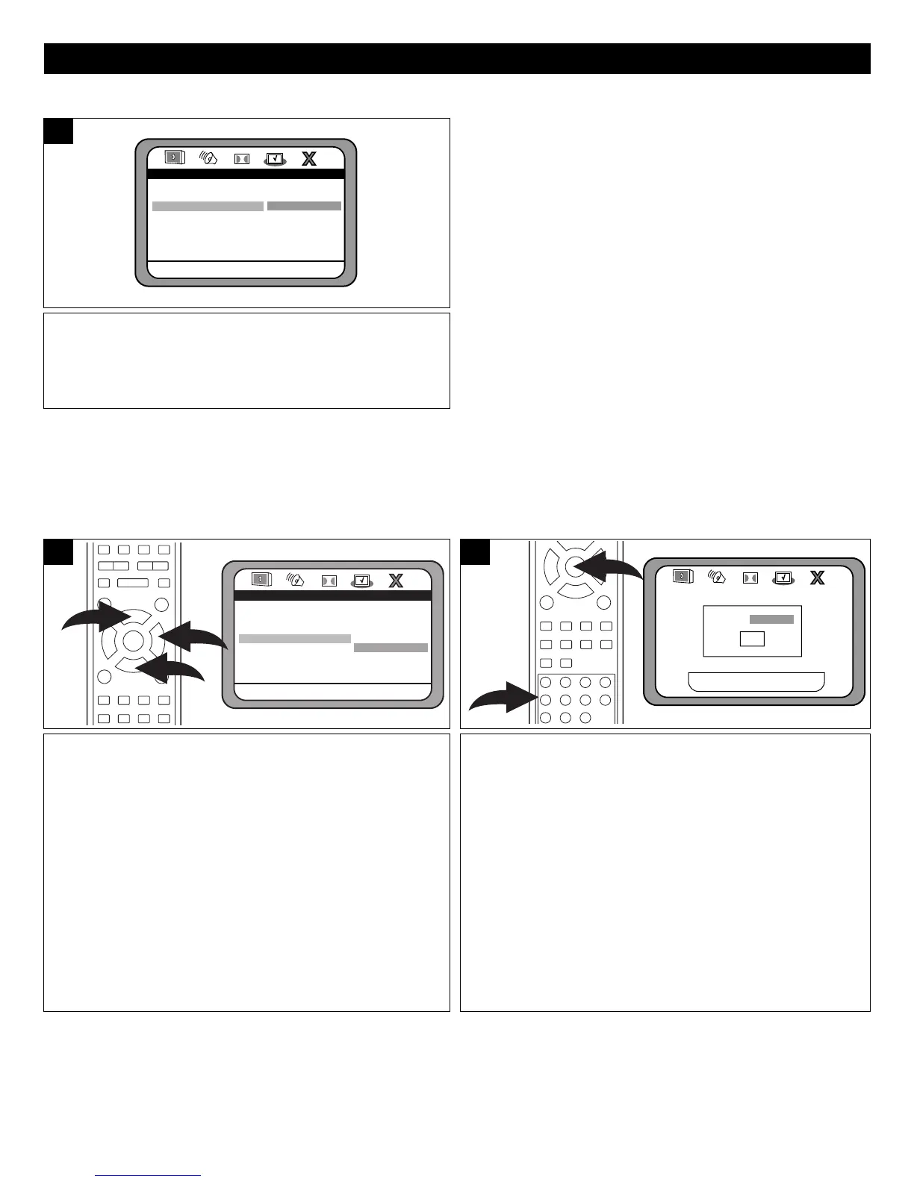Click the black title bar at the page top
coord(457,58)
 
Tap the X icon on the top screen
coord(308,159)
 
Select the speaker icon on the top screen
coord(208,158)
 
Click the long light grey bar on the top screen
coord(208,206)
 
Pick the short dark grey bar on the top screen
coord(304,205)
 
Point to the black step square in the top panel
coord(58,131)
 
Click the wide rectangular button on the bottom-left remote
coord(132,583)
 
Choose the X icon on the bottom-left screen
coord(396,581)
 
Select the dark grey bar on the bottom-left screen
coord(391,648)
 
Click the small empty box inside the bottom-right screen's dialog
coord(752,639)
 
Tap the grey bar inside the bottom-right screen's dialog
coord(771,619)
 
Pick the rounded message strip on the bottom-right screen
coord(756,682)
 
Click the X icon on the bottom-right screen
coord(818,577)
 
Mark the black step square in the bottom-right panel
coord(475,552)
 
